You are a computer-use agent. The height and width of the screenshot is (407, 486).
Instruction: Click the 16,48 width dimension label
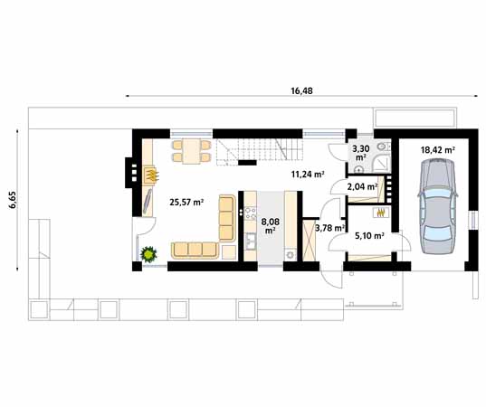tap(301, 90)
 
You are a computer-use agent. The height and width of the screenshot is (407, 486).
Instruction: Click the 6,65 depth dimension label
tap(12, 200)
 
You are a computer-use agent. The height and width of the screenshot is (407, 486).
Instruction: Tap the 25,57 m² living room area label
tap(186, 203)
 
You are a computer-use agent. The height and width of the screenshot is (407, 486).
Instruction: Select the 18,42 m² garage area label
tap(438, 150)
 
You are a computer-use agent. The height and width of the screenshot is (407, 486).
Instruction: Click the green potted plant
tap(148, 254)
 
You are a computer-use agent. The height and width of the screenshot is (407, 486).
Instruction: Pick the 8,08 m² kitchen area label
tap(271, 225)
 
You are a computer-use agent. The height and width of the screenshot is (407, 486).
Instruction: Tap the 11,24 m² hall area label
tap(308, 175)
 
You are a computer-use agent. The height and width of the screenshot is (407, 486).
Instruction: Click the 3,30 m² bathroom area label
tap(359, 152)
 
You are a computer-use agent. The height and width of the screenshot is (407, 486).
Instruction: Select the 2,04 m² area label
tap(362, 186)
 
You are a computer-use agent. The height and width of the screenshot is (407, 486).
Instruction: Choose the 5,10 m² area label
tap(369, 236)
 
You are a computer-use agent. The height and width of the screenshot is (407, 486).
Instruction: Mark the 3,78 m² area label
tap(330, 228)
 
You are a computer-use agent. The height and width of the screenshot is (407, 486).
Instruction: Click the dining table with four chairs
tap(192, 151)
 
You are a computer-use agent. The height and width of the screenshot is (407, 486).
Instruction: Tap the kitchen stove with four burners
tap(250, 213)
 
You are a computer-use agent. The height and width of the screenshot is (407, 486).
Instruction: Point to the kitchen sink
tap(250, 241)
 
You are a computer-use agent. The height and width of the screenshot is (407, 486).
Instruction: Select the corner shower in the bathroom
tap(381, 163)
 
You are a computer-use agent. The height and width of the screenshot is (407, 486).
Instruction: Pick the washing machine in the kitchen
tap(291, 255)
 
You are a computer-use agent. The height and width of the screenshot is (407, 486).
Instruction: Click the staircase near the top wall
tap(259, 149)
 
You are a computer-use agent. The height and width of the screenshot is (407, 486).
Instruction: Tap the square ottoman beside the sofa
tap(229, 252)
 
